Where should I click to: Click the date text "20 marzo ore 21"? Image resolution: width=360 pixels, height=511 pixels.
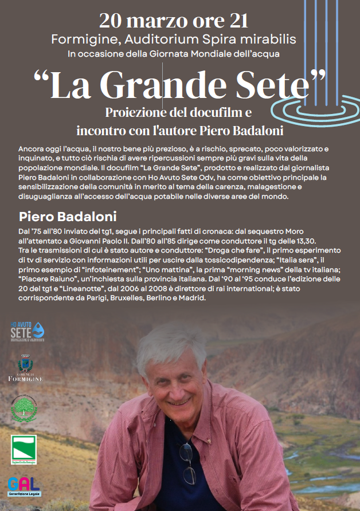point(173,21)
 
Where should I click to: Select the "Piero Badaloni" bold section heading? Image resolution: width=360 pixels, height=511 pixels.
point(68,217)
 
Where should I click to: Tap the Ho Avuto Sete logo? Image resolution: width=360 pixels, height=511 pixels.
point(28,331)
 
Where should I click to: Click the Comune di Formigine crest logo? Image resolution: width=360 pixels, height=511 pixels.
point(25,367)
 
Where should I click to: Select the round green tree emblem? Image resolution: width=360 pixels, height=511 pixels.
point(24,408)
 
